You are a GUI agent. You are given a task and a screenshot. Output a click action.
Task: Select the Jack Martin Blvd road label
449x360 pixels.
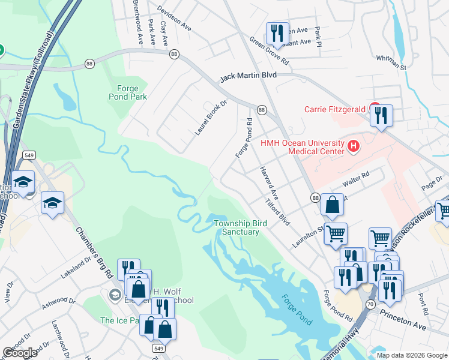pyautogui.click(x=248, y=77)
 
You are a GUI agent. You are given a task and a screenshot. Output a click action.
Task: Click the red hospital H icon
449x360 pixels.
pyautogui.click(x=354, y=145)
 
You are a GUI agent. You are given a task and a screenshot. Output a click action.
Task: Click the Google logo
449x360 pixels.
pyautogui.click(x=20, y=353)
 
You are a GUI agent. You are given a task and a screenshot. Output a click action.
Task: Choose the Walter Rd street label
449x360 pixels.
pyautogui.click(x=355, y=178)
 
